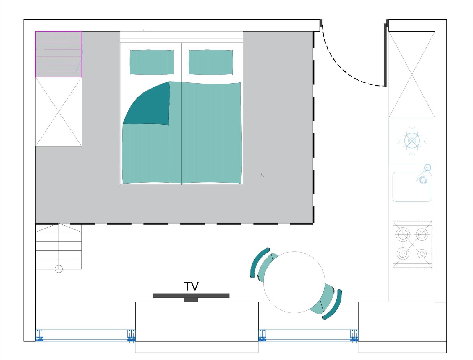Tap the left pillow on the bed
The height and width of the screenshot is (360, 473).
152,62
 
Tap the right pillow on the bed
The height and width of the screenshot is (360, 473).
211,62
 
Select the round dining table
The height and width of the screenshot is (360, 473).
294,282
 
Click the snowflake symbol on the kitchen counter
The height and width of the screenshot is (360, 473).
412,141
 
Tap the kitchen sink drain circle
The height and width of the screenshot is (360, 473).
423,180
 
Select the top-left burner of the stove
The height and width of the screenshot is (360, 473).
403,234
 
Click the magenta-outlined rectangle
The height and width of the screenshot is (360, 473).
59,54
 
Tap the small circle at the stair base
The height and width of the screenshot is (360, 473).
59,269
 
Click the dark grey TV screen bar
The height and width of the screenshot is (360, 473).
191,296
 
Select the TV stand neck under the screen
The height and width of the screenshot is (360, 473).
191,300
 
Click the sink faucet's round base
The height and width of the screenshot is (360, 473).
427,167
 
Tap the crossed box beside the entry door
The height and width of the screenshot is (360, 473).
412,74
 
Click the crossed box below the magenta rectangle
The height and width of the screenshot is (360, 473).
59,112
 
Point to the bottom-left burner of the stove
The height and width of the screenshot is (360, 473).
403,253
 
